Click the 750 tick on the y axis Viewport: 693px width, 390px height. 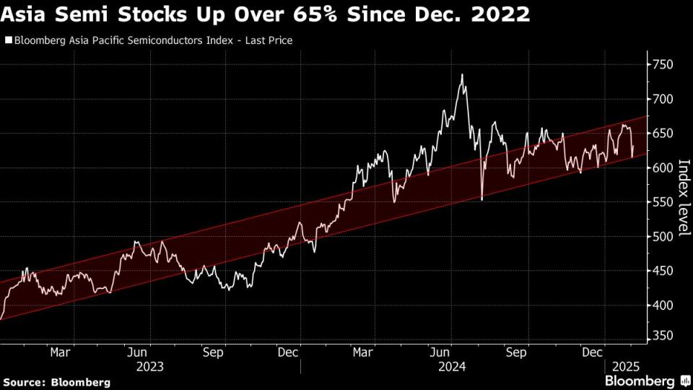[x=663, y=65]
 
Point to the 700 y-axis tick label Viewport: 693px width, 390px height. [x=663, y=99]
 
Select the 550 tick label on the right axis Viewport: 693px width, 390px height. [x=663, y=202]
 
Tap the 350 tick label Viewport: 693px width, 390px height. [x=663, y=336]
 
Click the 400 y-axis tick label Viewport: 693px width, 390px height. [x=663, y=305]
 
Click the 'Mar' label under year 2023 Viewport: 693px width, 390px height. [x=61, y=352]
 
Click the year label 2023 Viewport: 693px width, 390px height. [x=149, y=366]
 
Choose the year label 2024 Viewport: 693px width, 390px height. [x=452, y=366]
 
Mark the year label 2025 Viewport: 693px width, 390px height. [x=622, y=366]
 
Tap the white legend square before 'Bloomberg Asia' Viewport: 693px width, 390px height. [x=8, y=41]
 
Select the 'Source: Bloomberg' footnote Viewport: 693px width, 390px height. [x=56, y=381]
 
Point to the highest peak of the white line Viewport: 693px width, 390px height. [x=461, y=74]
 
